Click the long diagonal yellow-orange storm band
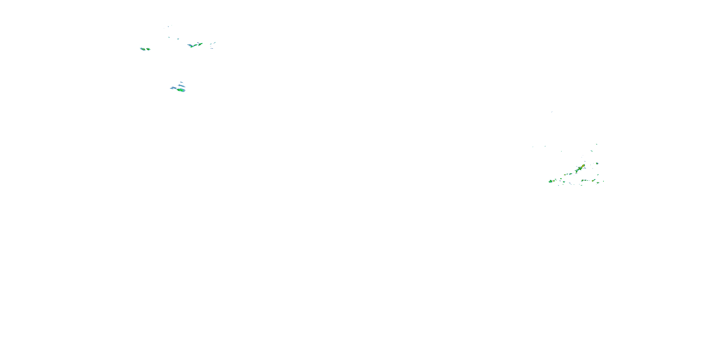(x=579, y=169)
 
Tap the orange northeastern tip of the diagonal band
(x=584, y=166)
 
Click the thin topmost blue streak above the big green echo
(x=181, y=82)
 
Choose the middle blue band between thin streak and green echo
(x=181, y=86)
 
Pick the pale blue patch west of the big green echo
(x=173, y=88)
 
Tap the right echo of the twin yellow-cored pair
(x=148, y=49)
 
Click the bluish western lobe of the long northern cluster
(x=190, y=45)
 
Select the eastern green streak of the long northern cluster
(x=200, y=44)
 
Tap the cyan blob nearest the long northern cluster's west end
(x=178, y=39)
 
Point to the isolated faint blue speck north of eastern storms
(x=552, y=112)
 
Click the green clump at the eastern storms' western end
(x=550, y=181)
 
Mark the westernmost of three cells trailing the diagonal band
(x=564, y=174)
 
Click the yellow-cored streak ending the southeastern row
(x=598, y=182)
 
